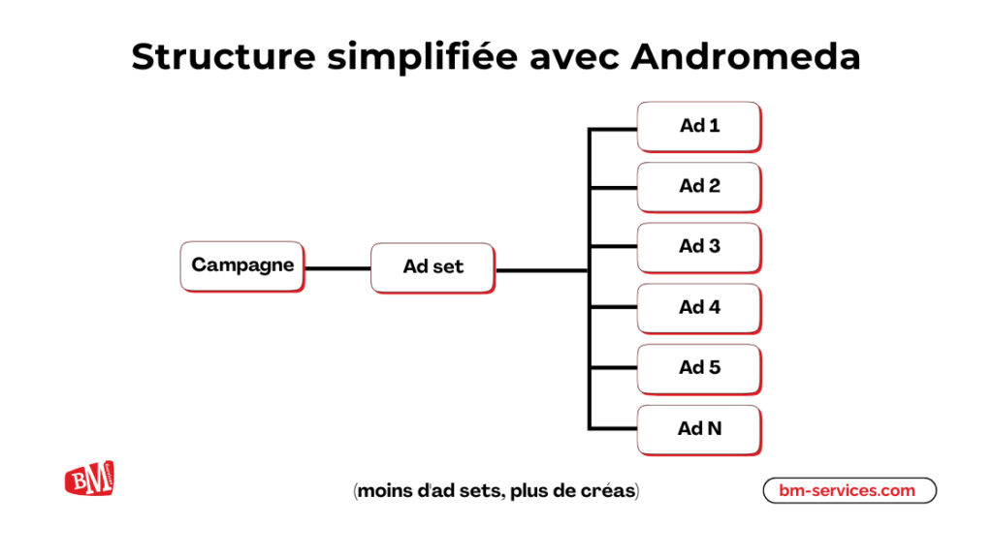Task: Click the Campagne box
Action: click(x=242, y=265)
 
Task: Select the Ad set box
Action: click(x=432, y=266)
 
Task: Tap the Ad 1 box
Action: click(x=698, y=126)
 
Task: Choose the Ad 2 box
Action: click(x=698, y=186)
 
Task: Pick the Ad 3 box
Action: click(x=698, y=247)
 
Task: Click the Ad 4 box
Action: click(x=698, y=307)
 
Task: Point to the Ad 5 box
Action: click(x=698, y=368)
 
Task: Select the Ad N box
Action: click(x=698, y=428)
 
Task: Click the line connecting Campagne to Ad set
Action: click(x=337, y=267)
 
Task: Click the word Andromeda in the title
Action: click(x=746, y=57)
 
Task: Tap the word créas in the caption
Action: click(x=607, y=491)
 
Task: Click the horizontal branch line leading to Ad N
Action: click(x=613, y=428)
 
